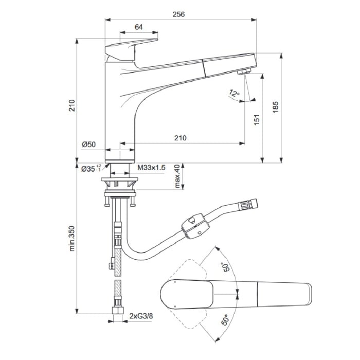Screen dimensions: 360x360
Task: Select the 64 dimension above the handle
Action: click(x=138, y=27)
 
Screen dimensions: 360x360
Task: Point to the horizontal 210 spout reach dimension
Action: click(x=179, y=138)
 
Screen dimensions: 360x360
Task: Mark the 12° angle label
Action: click(x=235, y=94)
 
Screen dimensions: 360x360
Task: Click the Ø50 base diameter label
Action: click(x=89, y=145)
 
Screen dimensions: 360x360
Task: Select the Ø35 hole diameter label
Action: click(x=87, y=168)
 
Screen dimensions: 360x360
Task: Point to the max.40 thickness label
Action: click(x=177, y=176)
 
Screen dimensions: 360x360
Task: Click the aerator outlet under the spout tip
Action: click(x=244, y=71)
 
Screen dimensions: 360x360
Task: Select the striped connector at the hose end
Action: click(x=249, y=206)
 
